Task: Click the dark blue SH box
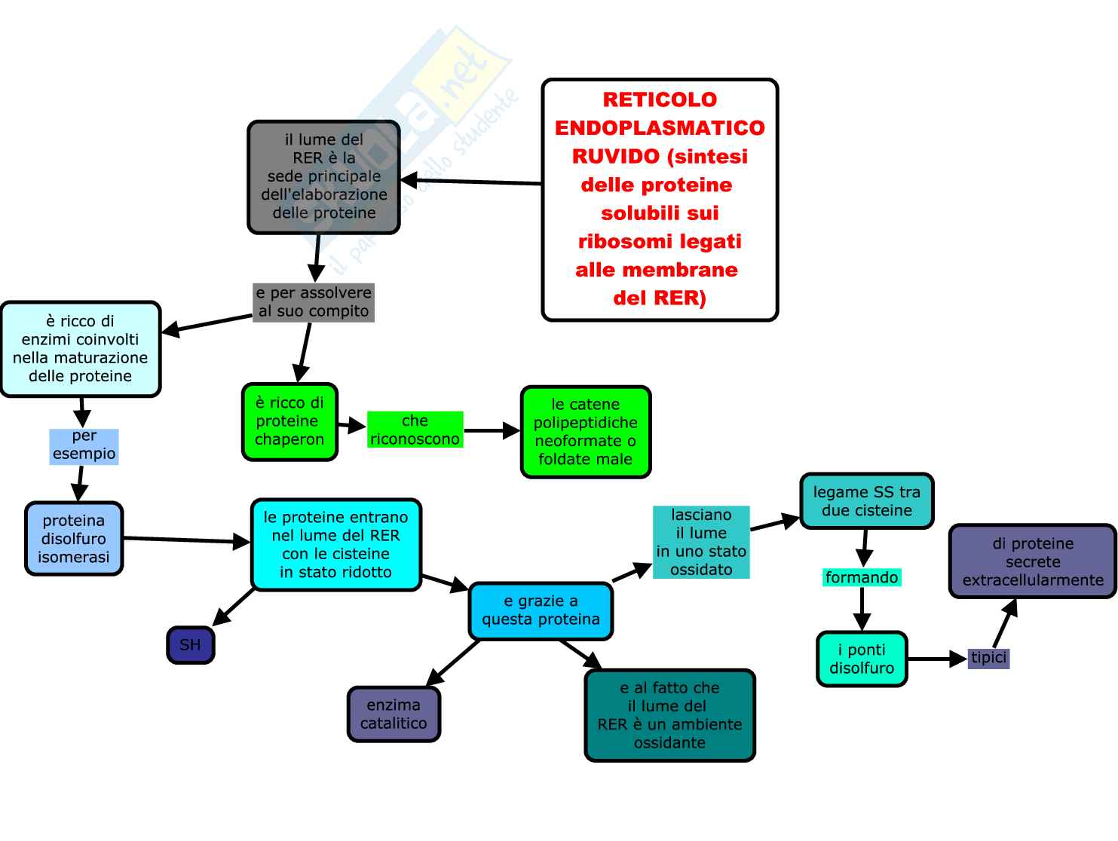[191, 645]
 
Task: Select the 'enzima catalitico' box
[394, 714]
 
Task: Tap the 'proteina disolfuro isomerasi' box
[74, 539]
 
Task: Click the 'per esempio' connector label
[84, 445]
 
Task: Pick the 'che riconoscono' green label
[415, 430]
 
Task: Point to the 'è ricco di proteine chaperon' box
[289, 421]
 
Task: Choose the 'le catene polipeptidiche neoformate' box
[585, 432]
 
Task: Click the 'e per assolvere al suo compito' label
[314, 302]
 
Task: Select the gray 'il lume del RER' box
[324, 177]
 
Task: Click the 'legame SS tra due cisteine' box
[866, 501]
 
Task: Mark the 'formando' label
[862, 578]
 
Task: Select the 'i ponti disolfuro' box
[862, 659]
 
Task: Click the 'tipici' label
[988, 658]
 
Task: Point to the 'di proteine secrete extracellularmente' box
[1032, 561]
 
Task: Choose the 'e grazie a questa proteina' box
[541, 610]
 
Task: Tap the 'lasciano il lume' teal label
[701, 543]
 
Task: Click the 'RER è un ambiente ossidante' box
[669, 715]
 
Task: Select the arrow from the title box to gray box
[471, 182]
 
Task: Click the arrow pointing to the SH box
[234, 607]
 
